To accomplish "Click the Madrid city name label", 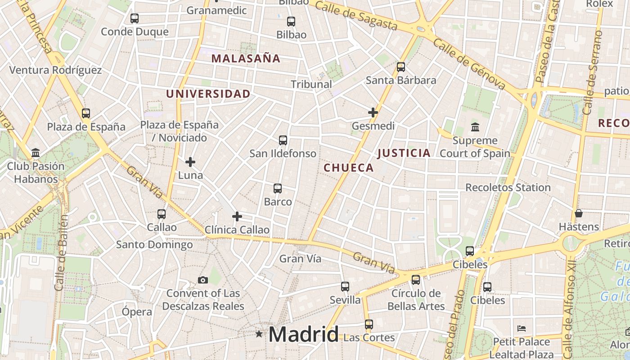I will [x=303, y=334].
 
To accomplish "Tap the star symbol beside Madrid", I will [x=259, y=334].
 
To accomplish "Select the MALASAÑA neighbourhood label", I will [x=246, y=58].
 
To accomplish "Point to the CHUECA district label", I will [x=349, y=168].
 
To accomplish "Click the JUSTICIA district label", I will [x=404, y=153].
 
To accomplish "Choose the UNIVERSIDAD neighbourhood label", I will [x=208, y=94].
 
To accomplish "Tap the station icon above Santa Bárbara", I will [x=400, y=67].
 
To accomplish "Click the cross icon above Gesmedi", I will [x=373, y=112].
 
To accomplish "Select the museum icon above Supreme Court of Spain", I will [x=475, y=127].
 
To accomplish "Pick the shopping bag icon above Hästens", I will [x=579, y=213].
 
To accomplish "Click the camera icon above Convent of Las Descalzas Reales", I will [x=203, y=280].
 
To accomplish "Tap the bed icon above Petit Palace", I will [x=522, y=328].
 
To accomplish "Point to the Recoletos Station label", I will [x=508, y=187].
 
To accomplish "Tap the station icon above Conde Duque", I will [x=134, y=18].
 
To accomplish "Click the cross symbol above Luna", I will [x=190, y=162].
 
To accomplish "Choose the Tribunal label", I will [x=311, y=84].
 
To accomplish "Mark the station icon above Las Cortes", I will [x=369, y=324].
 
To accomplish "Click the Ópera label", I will [x=137, y=311].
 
